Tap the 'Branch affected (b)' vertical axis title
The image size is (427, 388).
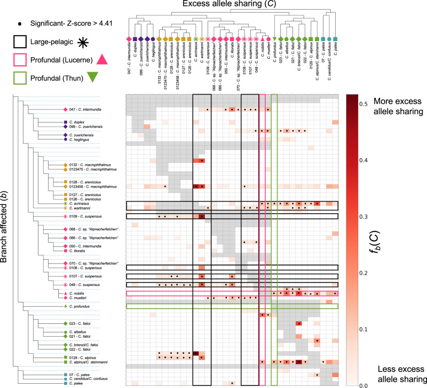[6, 239]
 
